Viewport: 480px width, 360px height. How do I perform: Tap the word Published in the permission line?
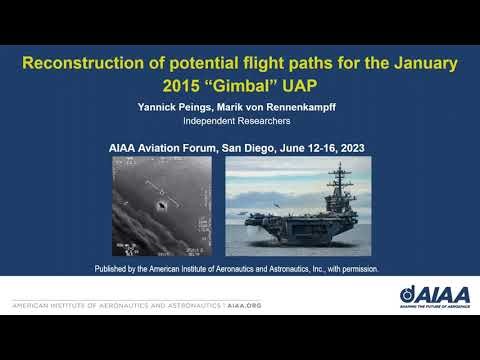pos(114,269)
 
